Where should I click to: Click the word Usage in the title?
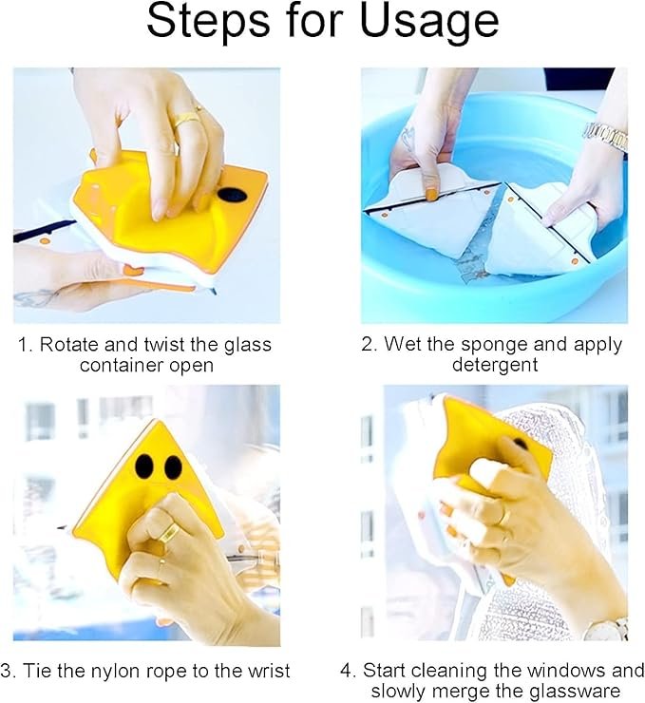429,23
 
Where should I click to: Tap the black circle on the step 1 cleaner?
232,194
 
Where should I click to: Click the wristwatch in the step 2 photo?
607,137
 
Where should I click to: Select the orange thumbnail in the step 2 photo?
431,195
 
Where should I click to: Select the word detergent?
495,365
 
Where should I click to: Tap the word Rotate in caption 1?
69,345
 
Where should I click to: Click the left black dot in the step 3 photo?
145,465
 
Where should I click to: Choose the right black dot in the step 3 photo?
173,467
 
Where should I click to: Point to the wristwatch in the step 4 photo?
606,628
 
